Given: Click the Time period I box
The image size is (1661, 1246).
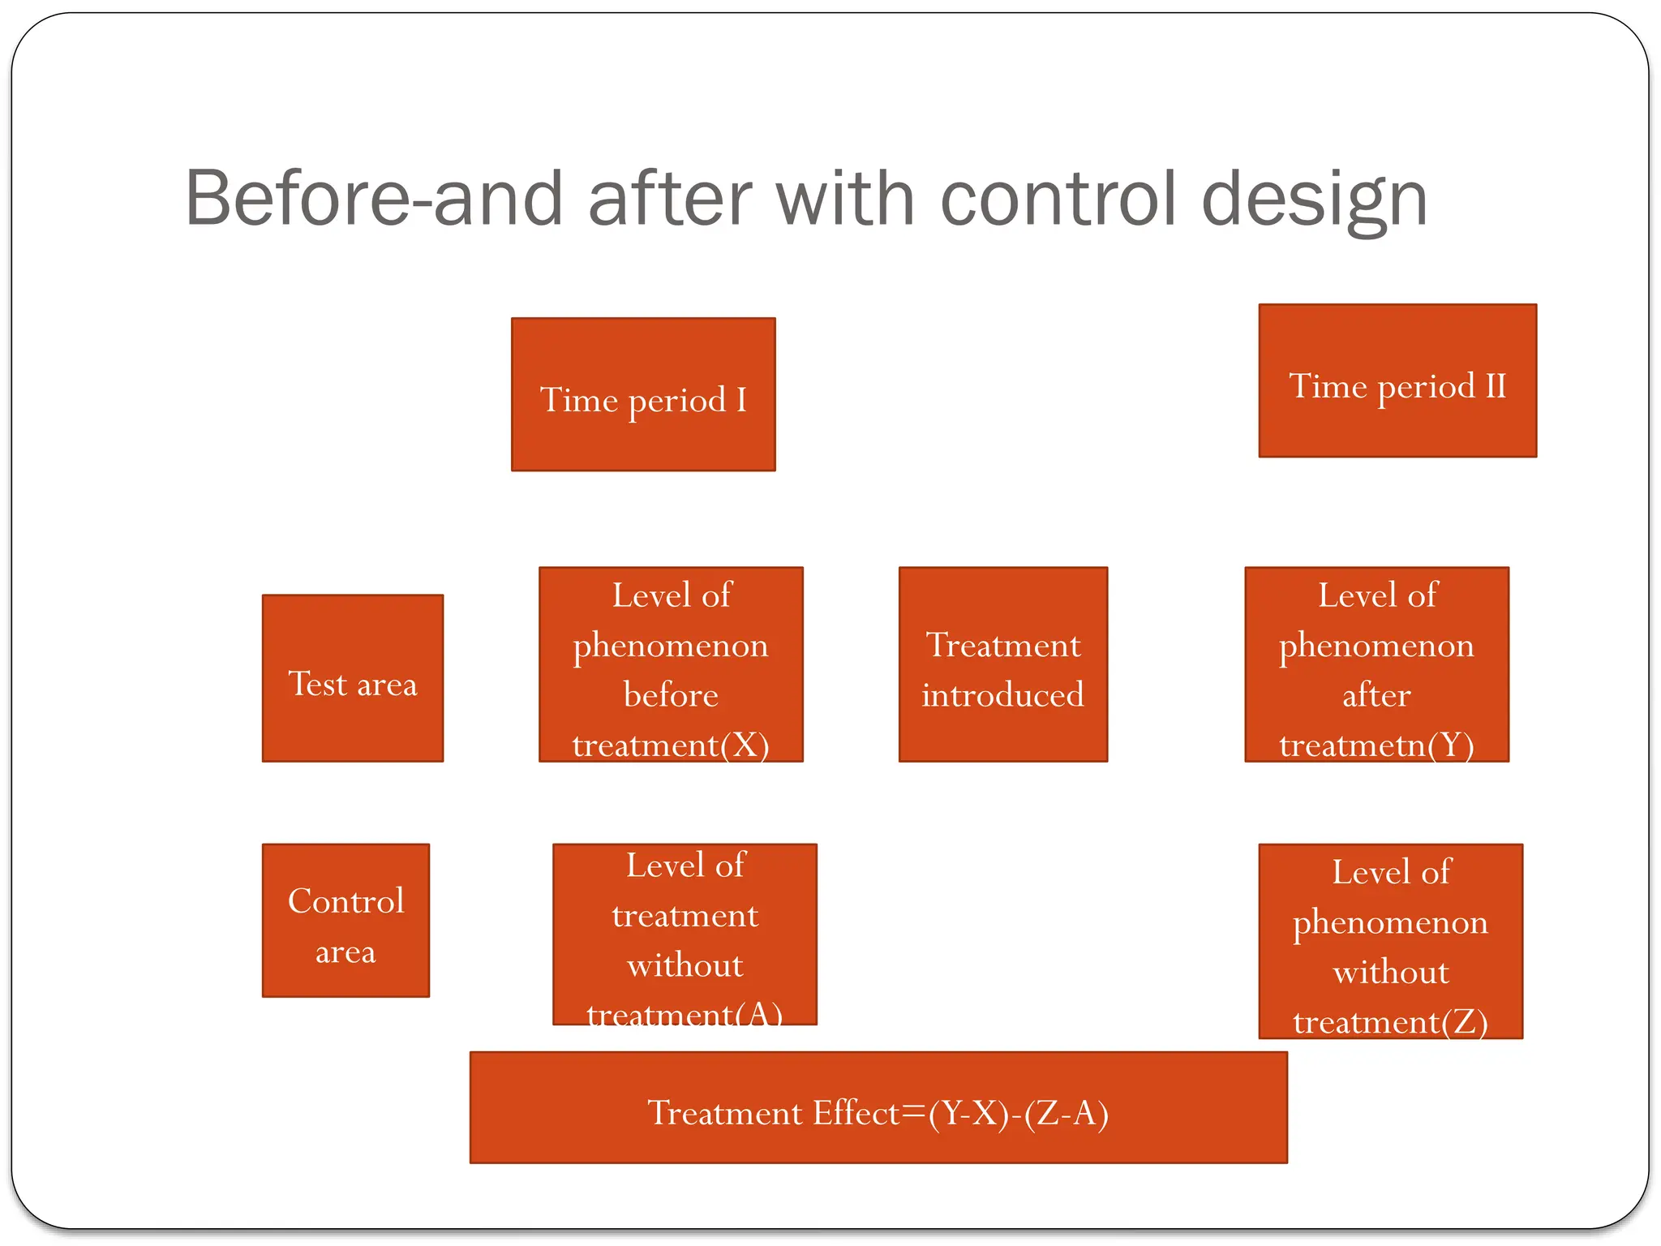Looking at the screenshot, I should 643,394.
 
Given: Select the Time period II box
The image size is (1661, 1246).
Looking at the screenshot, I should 1397,380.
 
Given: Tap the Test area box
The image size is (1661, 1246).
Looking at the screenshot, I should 353,678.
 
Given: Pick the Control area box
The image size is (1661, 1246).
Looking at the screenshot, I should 346,920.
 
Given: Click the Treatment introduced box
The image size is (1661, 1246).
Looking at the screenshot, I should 1002,664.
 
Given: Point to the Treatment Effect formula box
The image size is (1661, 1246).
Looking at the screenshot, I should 878,1107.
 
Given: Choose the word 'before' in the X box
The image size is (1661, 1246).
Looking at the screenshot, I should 671,695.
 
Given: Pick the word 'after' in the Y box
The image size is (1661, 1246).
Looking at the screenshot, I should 1376,695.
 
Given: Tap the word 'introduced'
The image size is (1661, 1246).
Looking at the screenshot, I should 1002,695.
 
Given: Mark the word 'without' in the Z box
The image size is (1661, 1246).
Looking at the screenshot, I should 1390,972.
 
